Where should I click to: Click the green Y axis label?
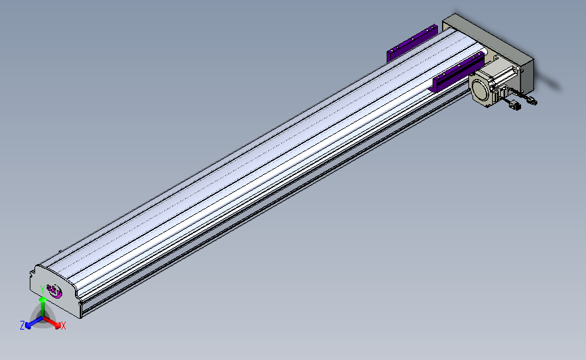pyautogui.click(x=43, y=290)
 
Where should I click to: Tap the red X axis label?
pyautogui.click(x=63, y=326)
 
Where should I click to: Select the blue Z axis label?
pyautogui.click(x=22, y=326)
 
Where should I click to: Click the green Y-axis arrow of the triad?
pyautogui.click(x=43, y=308)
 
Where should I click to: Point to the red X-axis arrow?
pyautogui.click(x=52, y=323)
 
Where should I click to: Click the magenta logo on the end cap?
pyautogui.click(x=55, y=291)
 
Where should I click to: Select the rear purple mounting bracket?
pyautogui.click(x=412, y=43)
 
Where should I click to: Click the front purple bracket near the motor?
pyautogui.click(x=458, y=72)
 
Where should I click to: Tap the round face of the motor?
pyautogui.click(x=481, y=90)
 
